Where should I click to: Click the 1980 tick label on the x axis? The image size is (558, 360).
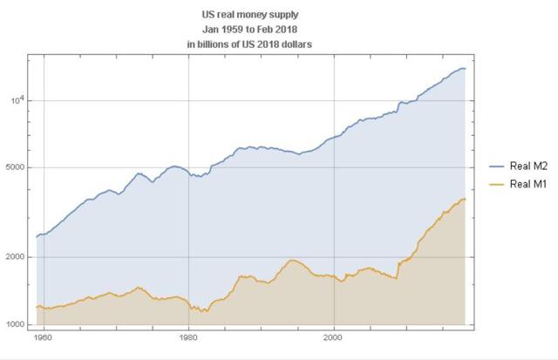tap(188, 335)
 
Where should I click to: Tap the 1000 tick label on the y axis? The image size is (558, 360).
tap(17, 325)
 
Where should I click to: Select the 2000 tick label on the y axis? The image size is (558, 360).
tap(17, 257)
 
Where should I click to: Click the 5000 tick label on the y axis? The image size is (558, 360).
tap(17, 167)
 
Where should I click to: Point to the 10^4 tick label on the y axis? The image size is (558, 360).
tap(17, 98)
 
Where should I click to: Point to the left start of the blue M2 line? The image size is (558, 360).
tap(36, 236)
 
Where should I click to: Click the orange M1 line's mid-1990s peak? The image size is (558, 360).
tap(294, 260)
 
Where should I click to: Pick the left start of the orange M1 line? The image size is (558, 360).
tap(36, 307)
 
